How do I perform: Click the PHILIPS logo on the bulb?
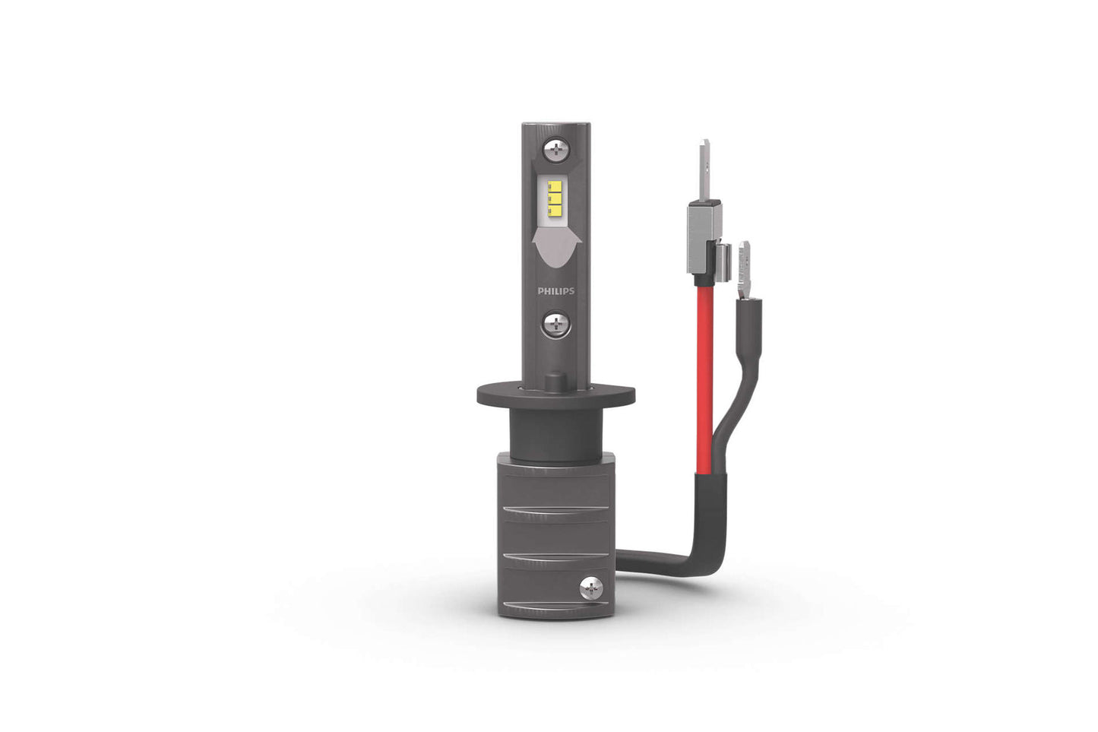coord(556,290)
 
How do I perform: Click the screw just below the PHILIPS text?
coord(556,325)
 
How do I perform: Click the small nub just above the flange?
coord(557,378)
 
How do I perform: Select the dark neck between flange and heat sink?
coord(555,429)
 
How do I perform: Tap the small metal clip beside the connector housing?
coord(726,258)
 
